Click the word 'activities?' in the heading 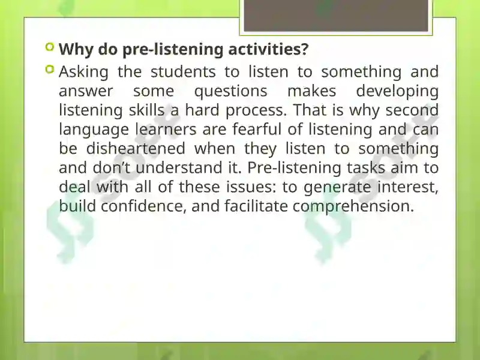point(268,49)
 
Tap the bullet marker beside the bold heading point(49,47)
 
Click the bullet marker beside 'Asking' point(49,70)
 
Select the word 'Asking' point(83,73)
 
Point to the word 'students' point(183,72)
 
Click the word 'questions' point(231,92)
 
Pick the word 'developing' point(397,92)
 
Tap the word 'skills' point(146,110)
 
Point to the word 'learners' point(166,129)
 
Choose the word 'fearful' point(257,129)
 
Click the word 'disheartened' point(136,148)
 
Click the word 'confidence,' point(143,206)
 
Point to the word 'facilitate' point(256,206)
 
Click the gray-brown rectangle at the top point(336,16)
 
